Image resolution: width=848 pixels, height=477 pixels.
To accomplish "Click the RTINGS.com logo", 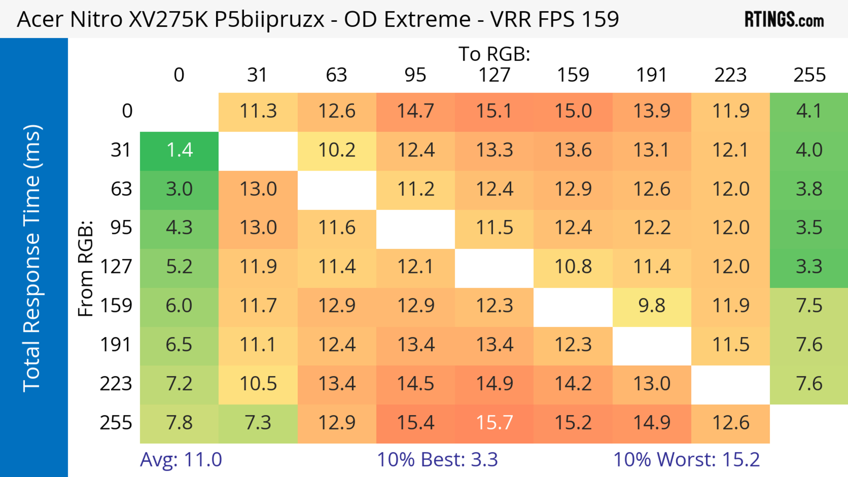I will point(784,19).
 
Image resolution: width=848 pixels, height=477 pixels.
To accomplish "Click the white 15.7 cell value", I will point(494,423).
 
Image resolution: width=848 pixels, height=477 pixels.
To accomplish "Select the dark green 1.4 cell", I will point(179,150).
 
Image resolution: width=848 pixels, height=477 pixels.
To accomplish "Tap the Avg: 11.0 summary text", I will point(181,460).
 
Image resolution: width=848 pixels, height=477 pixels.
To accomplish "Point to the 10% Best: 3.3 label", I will point(437,460).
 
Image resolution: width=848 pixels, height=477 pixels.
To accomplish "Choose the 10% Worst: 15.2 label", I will point(686,460).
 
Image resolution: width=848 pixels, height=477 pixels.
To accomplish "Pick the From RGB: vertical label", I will point(85,268).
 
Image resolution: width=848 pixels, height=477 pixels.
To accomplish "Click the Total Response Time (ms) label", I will point(32,258).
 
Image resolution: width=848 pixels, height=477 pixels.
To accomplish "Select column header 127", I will point(494,75).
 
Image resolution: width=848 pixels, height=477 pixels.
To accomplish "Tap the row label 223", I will point(116,384).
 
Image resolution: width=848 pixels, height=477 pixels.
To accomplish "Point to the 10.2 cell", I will point(337,150).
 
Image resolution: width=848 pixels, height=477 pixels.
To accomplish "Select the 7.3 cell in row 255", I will point(258,423).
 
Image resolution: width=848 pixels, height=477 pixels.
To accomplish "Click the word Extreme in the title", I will point(427,19).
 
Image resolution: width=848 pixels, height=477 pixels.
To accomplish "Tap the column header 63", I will point(336,75).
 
